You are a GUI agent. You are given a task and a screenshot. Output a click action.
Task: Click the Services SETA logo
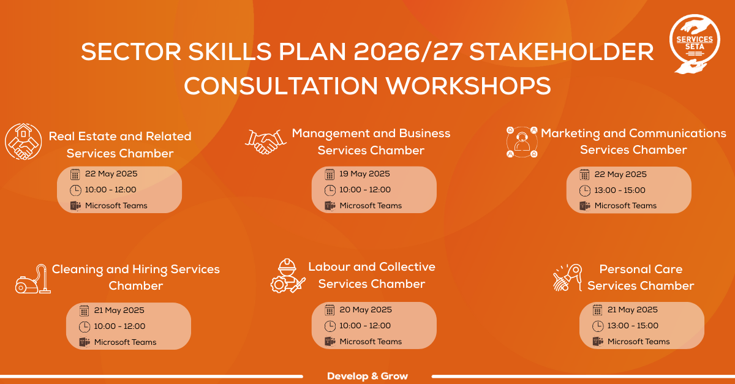695,43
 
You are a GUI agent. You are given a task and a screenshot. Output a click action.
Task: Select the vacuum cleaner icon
33,279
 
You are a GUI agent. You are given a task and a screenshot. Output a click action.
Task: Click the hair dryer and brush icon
567,277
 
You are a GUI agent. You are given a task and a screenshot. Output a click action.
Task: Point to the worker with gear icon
288,276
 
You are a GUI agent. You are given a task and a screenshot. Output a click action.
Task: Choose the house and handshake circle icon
23,141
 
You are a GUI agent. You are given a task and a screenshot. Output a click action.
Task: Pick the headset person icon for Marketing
522,142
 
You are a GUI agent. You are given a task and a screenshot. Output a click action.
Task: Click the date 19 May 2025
364,173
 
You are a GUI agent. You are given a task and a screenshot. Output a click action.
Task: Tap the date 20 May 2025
366,309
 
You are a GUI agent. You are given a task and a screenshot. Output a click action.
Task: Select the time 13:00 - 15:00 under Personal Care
633,326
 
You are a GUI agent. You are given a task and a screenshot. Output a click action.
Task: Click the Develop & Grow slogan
367,376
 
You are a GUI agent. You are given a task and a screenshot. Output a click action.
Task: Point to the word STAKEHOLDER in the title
562,52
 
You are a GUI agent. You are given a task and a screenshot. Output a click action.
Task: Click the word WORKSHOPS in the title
468,86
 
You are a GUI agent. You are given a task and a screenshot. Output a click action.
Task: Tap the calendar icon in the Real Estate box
75,175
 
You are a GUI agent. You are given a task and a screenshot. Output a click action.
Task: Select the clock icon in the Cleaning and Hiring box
85,326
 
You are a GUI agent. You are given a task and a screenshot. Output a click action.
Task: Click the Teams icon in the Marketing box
585,206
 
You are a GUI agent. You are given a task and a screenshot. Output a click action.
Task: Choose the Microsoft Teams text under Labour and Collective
371,342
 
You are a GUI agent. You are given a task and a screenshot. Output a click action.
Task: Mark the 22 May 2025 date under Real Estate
111,173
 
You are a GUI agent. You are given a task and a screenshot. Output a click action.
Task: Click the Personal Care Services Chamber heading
641,277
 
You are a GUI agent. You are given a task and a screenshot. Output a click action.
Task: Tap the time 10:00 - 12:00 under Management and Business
365,190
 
